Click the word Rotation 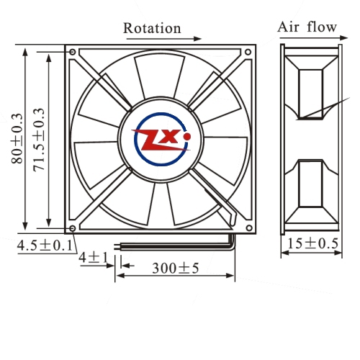(152, 28)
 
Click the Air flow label (307, 27)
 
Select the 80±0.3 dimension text (17, 138)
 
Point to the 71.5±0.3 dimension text (39, 140)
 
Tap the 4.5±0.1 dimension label (45, 246)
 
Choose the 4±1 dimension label (94, 258)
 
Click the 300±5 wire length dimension (176, 268)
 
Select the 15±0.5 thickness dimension (312, 243)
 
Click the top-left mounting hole (73, 52)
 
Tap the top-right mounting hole (248, 52)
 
